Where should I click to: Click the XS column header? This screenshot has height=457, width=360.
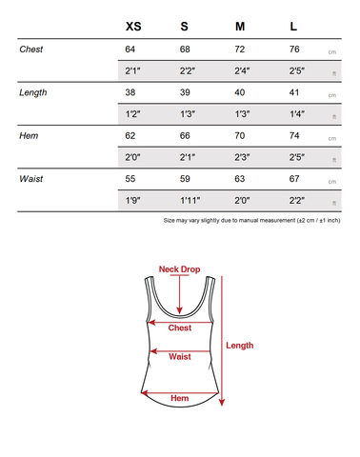pyautogui.click(x=133, y=26)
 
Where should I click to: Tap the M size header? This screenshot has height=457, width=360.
pyautogui.click(x=240, y=26)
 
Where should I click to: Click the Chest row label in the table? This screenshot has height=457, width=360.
pyautogui.click(x=31, y=50)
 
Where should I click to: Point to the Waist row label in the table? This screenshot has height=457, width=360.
pyautogui.click(x=31, y=178)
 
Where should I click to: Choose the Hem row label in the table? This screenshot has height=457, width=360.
pyautogui.click(x=29, y=135)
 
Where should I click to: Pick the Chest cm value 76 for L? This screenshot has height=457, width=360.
pyautogui.click(x=295, y=50)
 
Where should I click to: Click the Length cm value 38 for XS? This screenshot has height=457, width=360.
pyautogui.click(x=131, y=92)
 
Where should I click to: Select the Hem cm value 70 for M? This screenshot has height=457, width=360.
pyautogui.click(x=241, y=135)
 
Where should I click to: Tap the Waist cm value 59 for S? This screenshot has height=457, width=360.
pyautogui.click(x=187, y=178)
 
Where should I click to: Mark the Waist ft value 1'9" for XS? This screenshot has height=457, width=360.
pyautogui.click(x=132, y=200)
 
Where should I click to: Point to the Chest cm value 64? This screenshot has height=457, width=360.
pyautogui.click(x=131, y=50)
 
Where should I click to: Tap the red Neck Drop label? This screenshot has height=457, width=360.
pyautogui.click(x=179, y=268)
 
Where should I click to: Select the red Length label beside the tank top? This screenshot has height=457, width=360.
pyautogui.click(x=239, y=346)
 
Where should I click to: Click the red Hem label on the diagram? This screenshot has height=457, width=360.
pyautogui.click(x=179, y=398)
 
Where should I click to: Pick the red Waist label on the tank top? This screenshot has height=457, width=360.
pyautogui.click(x=179, y=357)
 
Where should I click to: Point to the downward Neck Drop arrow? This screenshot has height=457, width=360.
pyautogui.click(x=179, y=295)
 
